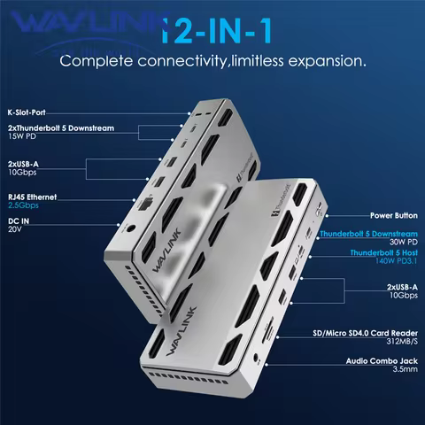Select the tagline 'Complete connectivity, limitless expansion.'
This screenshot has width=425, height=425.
[x=212, y=63]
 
